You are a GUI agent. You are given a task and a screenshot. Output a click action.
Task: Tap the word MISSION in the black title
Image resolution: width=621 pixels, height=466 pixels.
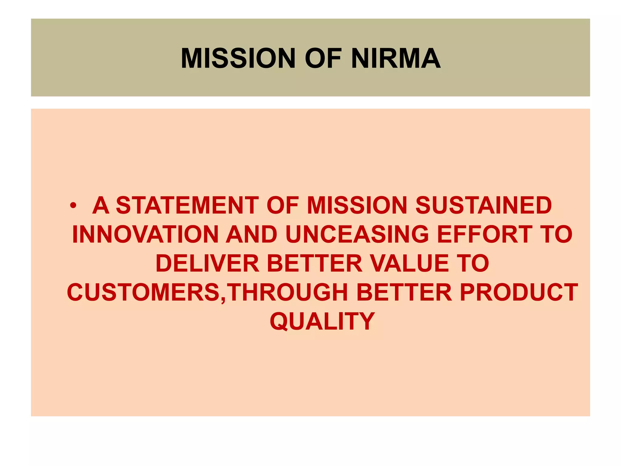238,58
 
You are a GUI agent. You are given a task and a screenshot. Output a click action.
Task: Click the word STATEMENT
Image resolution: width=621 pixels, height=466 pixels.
187,205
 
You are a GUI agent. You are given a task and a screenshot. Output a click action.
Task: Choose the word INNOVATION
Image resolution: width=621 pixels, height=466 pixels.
145,235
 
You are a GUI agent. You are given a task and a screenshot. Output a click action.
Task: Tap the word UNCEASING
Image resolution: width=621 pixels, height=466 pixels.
357,235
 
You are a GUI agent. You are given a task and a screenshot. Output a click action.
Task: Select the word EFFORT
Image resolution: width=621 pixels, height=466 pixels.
485,235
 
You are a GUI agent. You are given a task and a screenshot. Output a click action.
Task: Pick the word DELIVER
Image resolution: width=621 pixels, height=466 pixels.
207,263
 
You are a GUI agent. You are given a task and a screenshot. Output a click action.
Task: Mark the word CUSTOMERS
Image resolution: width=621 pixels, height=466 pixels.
144,292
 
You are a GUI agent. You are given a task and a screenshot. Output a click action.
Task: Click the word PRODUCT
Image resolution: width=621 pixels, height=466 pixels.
519,292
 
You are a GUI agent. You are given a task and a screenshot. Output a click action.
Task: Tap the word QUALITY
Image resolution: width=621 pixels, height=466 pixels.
322,321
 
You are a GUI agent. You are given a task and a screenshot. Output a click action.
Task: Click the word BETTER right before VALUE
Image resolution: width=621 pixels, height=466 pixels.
314,263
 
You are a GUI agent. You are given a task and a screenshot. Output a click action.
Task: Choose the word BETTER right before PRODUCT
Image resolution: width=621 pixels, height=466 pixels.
404,292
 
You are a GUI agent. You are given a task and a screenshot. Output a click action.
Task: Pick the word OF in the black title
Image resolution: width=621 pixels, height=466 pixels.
323,58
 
